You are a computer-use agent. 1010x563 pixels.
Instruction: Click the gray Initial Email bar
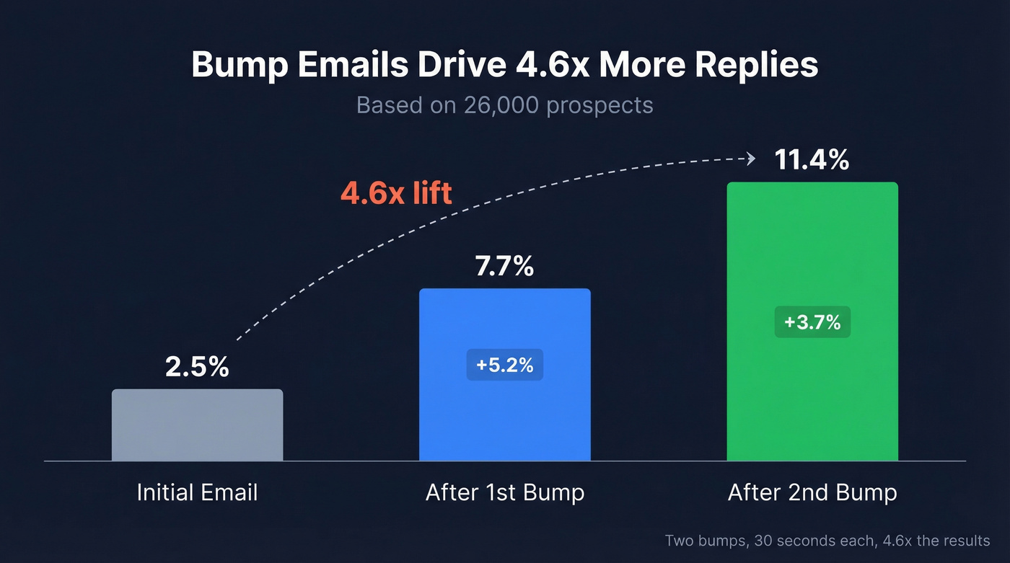pyautogui.click(x=197, y=425)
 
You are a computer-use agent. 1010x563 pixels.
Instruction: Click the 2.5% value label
pyautogui.click(x=197, y=366)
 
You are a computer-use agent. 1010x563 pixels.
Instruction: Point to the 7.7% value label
pyautogui.click(x=504, y=266)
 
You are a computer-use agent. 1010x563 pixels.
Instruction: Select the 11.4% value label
pyautogui.click(x=812, y=160)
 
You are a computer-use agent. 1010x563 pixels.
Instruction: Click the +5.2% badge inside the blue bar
pyautogui.click(x=504, y=365)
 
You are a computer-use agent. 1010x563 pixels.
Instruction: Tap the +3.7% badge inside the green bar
pyautogui.click(x=812, y=322)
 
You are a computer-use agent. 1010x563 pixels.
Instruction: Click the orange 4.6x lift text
pyautogui.click(x=396, y=193)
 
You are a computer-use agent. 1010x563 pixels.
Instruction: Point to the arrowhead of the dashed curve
pyautogui.click(x=751, y=159)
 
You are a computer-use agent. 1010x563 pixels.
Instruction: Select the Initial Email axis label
pyautogui.click(x=197, y=493)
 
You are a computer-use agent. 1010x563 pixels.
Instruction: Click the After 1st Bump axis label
pyautogui.click(x=504, y=493)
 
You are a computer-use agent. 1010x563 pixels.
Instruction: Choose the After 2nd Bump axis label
pyautogui.click(x=812, y=493)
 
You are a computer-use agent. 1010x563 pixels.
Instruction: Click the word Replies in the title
pyautogui.click(x=757, y=65)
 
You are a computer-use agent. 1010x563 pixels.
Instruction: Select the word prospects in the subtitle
pyautogui.click(x=600, y=105)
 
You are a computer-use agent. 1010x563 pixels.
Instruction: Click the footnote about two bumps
pyautogui.click(x=827, y=541)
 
